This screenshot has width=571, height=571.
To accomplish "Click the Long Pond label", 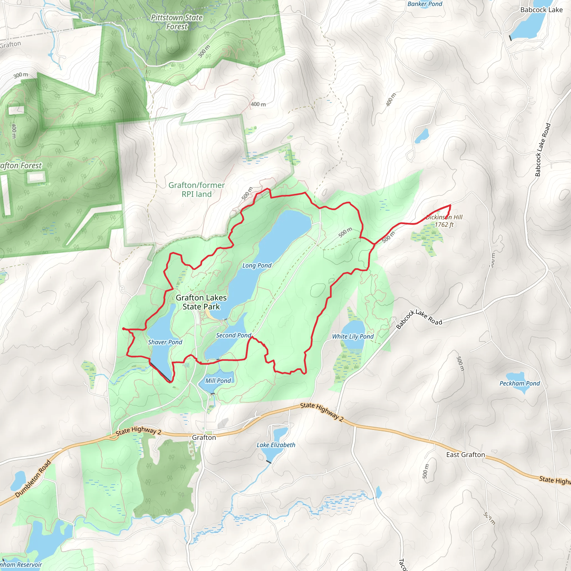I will [257, 265].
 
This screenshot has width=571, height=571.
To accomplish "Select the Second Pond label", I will [233, 335].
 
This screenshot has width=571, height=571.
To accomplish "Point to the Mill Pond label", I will [218, 381].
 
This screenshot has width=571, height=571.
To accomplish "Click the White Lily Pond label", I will [353, 336].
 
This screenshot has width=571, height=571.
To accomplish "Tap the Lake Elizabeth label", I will [276, 445].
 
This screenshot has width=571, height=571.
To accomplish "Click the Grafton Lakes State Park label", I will [201, 302].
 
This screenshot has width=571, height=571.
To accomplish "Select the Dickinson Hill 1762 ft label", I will [444, 221].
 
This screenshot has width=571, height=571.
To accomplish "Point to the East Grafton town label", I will [466, 454].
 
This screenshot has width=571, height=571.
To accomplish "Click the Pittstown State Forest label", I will [177, 22].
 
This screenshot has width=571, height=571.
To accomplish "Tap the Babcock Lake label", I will [541, 10].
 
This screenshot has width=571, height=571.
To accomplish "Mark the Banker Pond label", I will [425, 4].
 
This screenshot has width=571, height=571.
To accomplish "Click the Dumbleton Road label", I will [33, 479].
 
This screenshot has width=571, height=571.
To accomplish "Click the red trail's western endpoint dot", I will [123, 329].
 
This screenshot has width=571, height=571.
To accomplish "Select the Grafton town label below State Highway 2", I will [204, 437].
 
